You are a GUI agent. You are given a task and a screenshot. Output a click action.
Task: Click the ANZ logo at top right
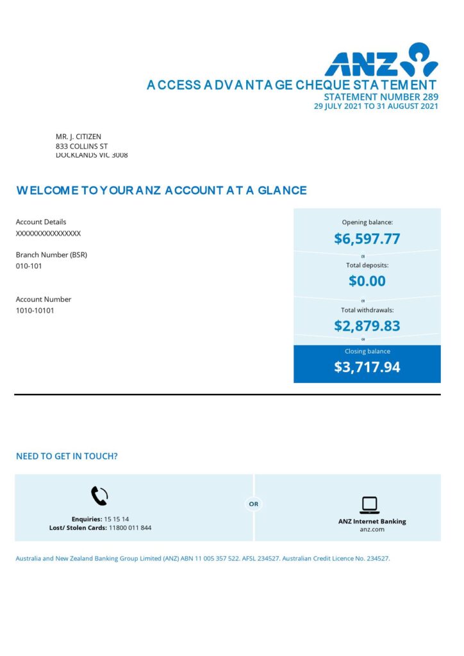pyautogui.click(x=381, y=60)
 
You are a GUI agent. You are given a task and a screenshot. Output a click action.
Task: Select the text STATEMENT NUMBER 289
pyautogui.click(x=381, y=97)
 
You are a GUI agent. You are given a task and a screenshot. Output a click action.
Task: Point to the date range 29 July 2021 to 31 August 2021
pyautogui.click(x=376, y=106)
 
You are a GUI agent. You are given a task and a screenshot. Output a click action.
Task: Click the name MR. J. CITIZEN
pyautogui.click(x=78, y=136)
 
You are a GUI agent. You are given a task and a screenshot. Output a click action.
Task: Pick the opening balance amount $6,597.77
pyautogui.click(x=367, y=239)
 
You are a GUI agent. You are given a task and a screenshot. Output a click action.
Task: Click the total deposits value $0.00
pyautogui.click(x=367, y=281)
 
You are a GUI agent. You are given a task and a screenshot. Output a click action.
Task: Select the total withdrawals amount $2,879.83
pyautogui.click(x=367, y=325)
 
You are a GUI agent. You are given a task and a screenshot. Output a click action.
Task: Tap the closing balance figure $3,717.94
pyautogui.click(x=367, y=367)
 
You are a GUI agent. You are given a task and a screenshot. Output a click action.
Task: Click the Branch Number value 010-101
pyautogui.click(x=29, y=266)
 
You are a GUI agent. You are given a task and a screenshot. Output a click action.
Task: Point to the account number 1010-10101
pyautogui.click(x=35, y=311)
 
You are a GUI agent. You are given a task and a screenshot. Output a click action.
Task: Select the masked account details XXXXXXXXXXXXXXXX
pyautogui.click(x=48, y=234)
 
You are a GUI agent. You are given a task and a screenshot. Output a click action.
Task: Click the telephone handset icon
pyautogui.click(x=99, y=496)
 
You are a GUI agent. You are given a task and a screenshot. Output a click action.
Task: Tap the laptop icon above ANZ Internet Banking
pyautogui.click(x=369, y=505)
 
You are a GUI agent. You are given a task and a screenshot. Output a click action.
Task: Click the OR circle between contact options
pyautogui.click(x=254, y=504)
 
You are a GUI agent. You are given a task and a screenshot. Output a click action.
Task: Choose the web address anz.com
pyautogui.click(x=372, y=530)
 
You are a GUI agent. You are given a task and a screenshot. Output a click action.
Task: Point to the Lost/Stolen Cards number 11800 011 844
pyautogui.click(x=130, y=528)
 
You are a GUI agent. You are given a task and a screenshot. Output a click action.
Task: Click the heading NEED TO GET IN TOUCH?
pyautogui.click(x=67, y=456)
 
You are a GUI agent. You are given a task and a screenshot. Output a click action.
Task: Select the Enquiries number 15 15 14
pyautogui.click(x=117, y=519)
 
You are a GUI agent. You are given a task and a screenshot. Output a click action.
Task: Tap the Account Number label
pyautogui.click(x=44, y=299)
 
